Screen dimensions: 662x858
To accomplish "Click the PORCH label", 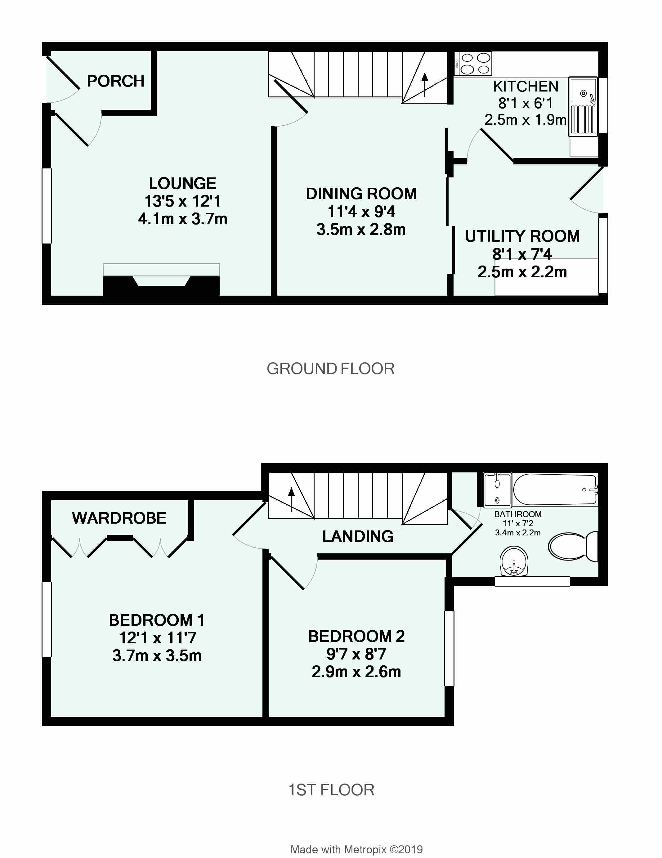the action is click(x=115, y=81).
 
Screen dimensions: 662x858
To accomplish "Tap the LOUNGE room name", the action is click(x=183, y=183).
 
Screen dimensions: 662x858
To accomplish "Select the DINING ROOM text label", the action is click(x=361, y=194).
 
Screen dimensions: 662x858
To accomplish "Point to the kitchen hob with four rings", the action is click(x=473, y=64).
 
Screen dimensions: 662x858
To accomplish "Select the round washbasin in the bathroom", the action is click(x=513, y=561).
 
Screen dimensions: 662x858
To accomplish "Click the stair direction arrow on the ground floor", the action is click(x=425, y=84).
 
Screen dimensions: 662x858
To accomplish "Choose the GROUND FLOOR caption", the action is click(x=331, y=369).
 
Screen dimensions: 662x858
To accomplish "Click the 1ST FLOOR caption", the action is click(x=331, y=790).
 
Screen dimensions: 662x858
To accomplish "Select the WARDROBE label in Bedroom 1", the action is click(x=119, y=518).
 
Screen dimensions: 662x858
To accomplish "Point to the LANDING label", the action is click(x=358, y=536).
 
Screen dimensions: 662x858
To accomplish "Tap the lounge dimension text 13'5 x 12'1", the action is click(x=183, y=201).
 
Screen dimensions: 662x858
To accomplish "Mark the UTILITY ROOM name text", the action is click(x=522, y=236).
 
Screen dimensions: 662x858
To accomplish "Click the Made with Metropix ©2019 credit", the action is click(x=356, y=849).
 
